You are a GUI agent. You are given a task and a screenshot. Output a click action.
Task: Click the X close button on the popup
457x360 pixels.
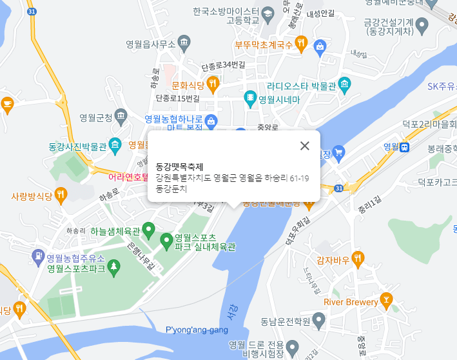point(305,146)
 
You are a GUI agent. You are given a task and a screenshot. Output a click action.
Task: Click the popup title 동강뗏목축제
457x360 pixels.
point(179,166)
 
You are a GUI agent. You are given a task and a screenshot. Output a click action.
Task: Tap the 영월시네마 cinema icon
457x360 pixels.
point(250,99)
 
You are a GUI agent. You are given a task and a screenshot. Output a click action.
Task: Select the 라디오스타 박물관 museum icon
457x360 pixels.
point(345,85)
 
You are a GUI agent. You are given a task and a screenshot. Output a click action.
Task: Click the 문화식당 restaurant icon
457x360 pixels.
point(213,84)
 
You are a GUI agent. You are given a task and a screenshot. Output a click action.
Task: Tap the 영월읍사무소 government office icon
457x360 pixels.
point(184,44)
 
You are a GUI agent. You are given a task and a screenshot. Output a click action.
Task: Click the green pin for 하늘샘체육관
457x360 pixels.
point(148,228)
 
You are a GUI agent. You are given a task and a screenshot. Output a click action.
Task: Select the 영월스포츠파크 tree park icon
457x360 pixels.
point(114,266)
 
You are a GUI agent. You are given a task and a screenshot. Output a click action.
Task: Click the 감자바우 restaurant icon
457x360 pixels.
point(358,259)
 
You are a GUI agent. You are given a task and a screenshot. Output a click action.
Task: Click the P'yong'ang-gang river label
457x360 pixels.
point(197,330)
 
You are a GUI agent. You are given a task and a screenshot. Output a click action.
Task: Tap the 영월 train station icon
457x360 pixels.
point(405,146)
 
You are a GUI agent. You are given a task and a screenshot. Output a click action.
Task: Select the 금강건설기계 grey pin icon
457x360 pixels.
point(422,25)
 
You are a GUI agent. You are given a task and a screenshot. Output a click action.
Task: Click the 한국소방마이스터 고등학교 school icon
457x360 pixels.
point(267,12)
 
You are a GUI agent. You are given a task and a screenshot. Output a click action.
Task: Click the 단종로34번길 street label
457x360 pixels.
point(223,66)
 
